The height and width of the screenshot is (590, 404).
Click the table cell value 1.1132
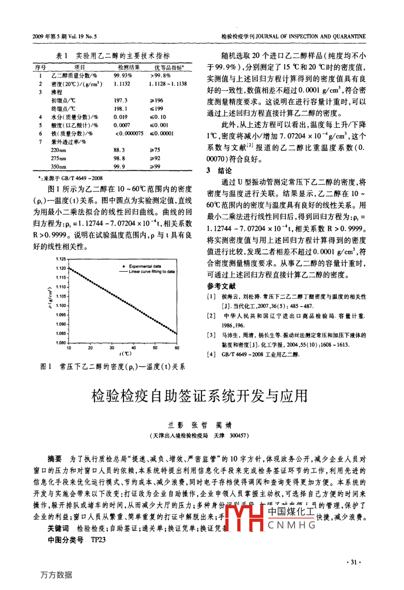point(122,84)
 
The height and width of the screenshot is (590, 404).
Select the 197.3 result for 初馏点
point(121,101)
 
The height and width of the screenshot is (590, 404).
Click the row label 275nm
point(58,158)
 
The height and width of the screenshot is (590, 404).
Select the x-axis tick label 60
point(177,347)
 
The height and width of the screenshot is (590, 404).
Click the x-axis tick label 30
point(112,347)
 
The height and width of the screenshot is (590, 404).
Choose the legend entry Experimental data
point(145,266)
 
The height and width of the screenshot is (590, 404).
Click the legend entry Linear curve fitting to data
point(151,271)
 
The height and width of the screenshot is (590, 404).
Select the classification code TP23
point(98,539)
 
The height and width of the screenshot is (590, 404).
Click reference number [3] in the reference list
point(211,335)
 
